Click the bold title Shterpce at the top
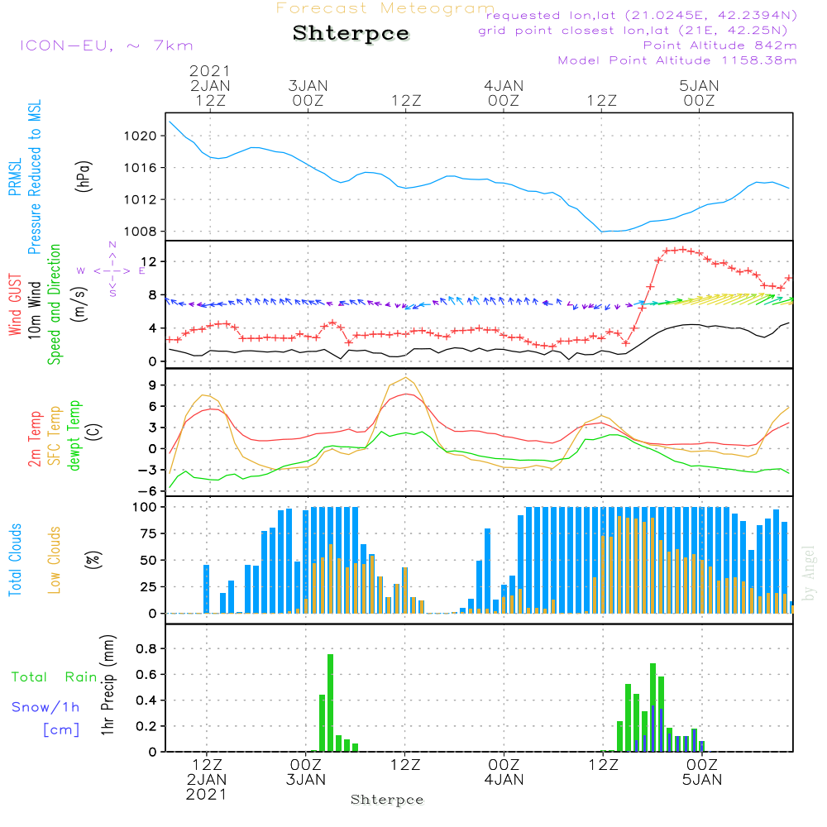351,34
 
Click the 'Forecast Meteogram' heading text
385,9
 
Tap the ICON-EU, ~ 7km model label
106,45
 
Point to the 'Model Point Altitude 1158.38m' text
677,60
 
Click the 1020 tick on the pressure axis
144,136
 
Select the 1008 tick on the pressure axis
144,232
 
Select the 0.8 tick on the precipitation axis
147,648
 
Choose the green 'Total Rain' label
55,677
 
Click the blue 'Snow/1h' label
46,708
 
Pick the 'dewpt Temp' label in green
74,436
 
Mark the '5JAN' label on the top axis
699,85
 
